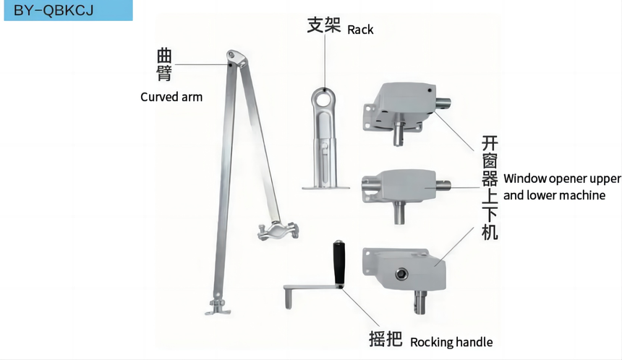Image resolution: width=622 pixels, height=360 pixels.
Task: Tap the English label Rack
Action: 360,30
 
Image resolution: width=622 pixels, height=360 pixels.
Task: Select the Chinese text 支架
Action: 323,25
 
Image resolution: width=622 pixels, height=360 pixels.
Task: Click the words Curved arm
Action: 171,96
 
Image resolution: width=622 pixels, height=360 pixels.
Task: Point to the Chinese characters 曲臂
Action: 165,64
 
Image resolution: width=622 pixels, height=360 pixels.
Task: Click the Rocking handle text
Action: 451,342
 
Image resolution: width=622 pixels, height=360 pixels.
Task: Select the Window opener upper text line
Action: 562,179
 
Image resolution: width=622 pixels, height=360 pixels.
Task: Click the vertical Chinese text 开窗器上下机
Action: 490,187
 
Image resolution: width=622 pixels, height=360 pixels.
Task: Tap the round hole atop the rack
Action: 325,95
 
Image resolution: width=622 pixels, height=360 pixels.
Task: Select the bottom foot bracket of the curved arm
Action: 216,308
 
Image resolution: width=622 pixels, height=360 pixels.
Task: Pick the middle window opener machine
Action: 401,187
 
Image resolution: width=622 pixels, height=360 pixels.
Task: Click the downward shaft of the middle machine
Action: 399,214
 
